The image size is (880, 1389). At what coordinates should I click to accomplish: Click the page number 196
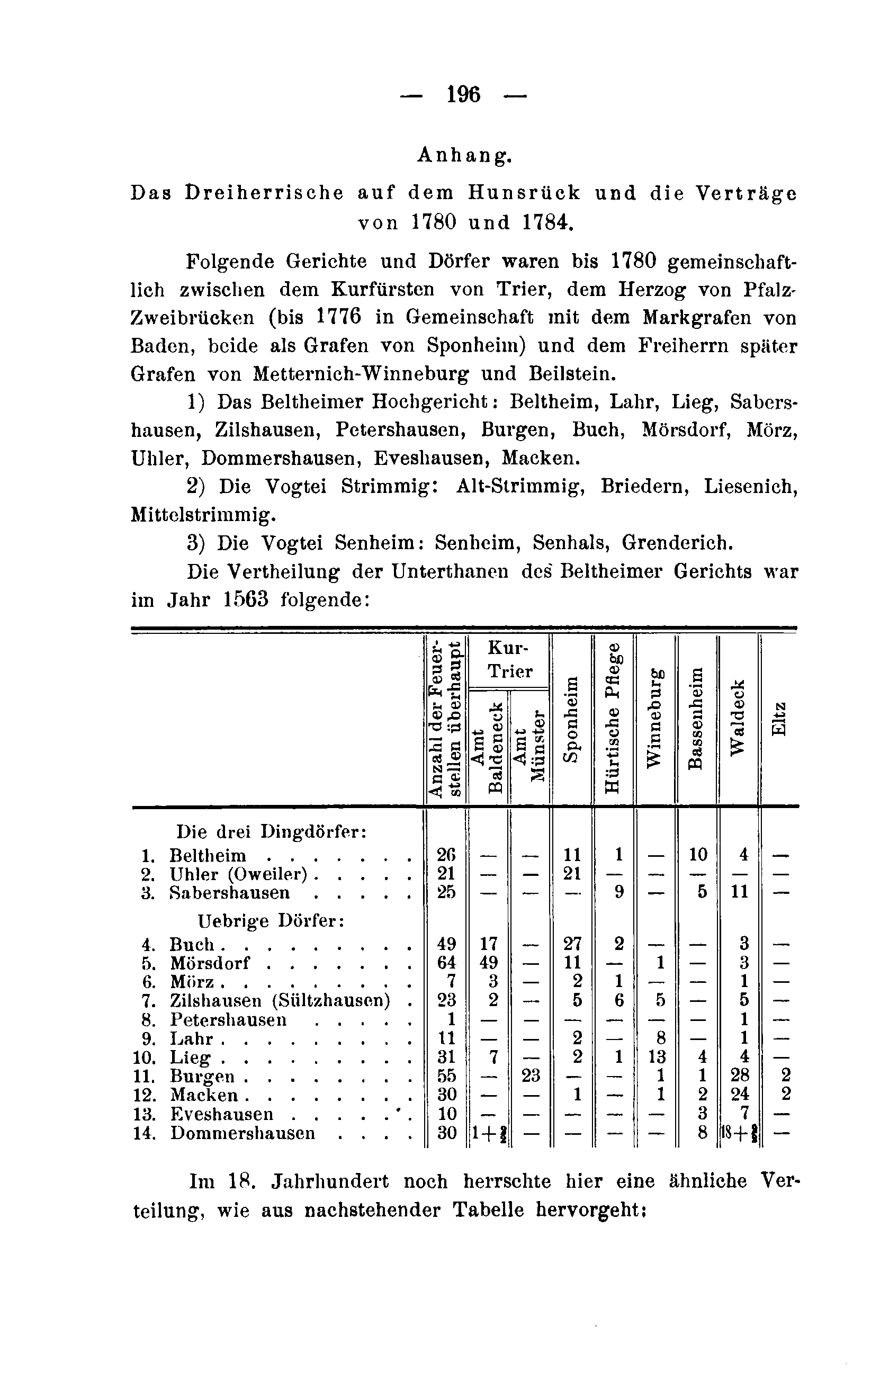click(464, 94)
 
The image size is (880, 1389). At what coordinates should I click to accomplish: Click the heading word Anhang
click(464, 155)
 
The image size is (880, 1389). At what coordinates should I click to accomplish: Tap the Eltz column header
click(778, 718)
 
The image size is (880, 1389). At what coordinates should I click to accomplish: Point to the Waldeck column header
click(738, 717)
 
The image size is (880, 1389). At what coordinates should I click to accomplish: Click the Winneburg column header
click(655, 718)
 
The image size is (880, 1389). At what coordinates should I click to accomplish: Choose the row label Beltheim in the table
click(208, 855)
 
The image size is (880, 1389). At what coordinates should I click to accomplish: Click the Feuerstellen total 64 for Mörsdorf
click(446, 962)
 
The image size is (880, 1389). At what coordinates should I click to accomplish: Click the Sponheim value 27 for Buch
click(571, 944)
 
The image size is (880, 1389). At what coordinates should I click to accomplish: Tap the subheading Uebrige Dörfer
click(271, 920)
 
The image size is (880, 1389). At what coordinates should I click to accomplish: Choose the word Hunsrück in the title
click(524, 193)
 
